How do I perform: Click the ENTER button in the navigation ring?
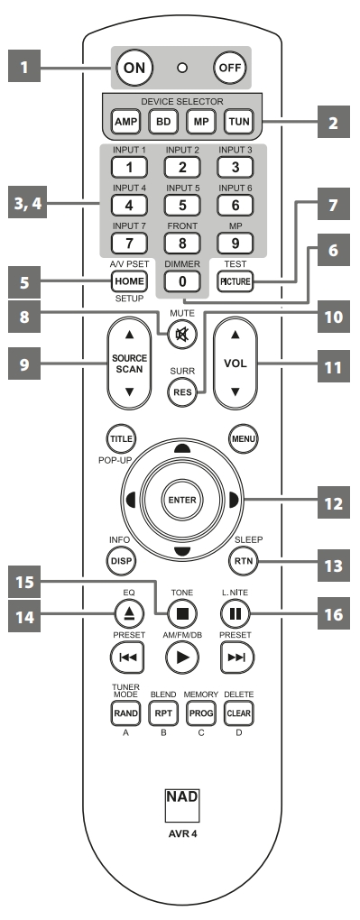tap(181, 499)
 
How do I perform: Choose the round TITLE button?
tap(122, 438)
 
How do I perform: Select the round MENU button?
tap(241, 438)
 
